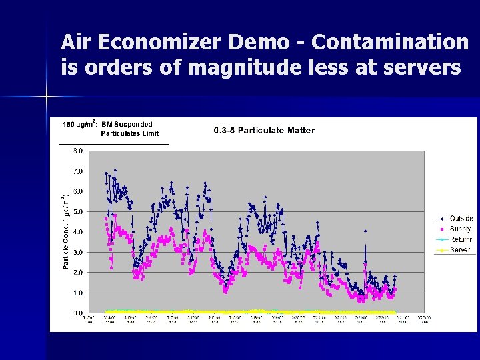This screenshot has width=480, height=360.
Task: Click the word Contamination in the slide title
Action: point(390,42)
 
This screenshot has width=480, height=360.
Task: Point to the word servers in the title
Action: point(422,68)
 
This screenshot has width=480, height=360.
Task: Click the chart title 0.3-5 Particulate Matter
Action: point(264,130)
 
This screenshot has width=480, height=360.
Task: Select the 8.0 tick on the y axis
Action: point(77,151)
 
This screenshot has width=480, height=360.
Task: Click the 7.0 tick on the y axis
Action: point(77,171)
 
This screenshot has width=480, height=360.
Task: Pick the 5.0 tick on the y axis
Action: point(77,212)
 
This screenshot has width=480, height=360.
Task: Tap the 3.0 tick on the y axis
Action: point(77,252)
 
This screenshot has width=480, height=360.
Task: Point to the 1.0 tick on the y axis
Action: point(77,293)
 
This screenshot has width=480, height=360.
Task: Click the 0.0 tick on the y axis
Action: point(77,313)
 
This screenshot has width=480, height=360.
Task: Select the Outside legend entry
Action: point(461,218)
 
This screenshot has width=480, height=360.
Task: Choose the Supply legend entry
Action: point(460,229)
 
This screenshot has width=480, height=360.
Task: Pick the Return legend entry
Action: point(460,239)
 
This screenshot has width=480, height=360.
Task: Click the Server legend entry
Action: point(459,250)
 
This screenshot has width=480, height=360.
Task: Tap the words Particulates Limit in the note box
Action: point(129,133)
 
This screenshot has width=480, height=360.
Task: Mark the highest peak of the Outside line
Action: point(115,170)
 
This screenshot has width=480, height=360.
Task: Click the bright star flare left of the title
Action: point(47,98)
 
